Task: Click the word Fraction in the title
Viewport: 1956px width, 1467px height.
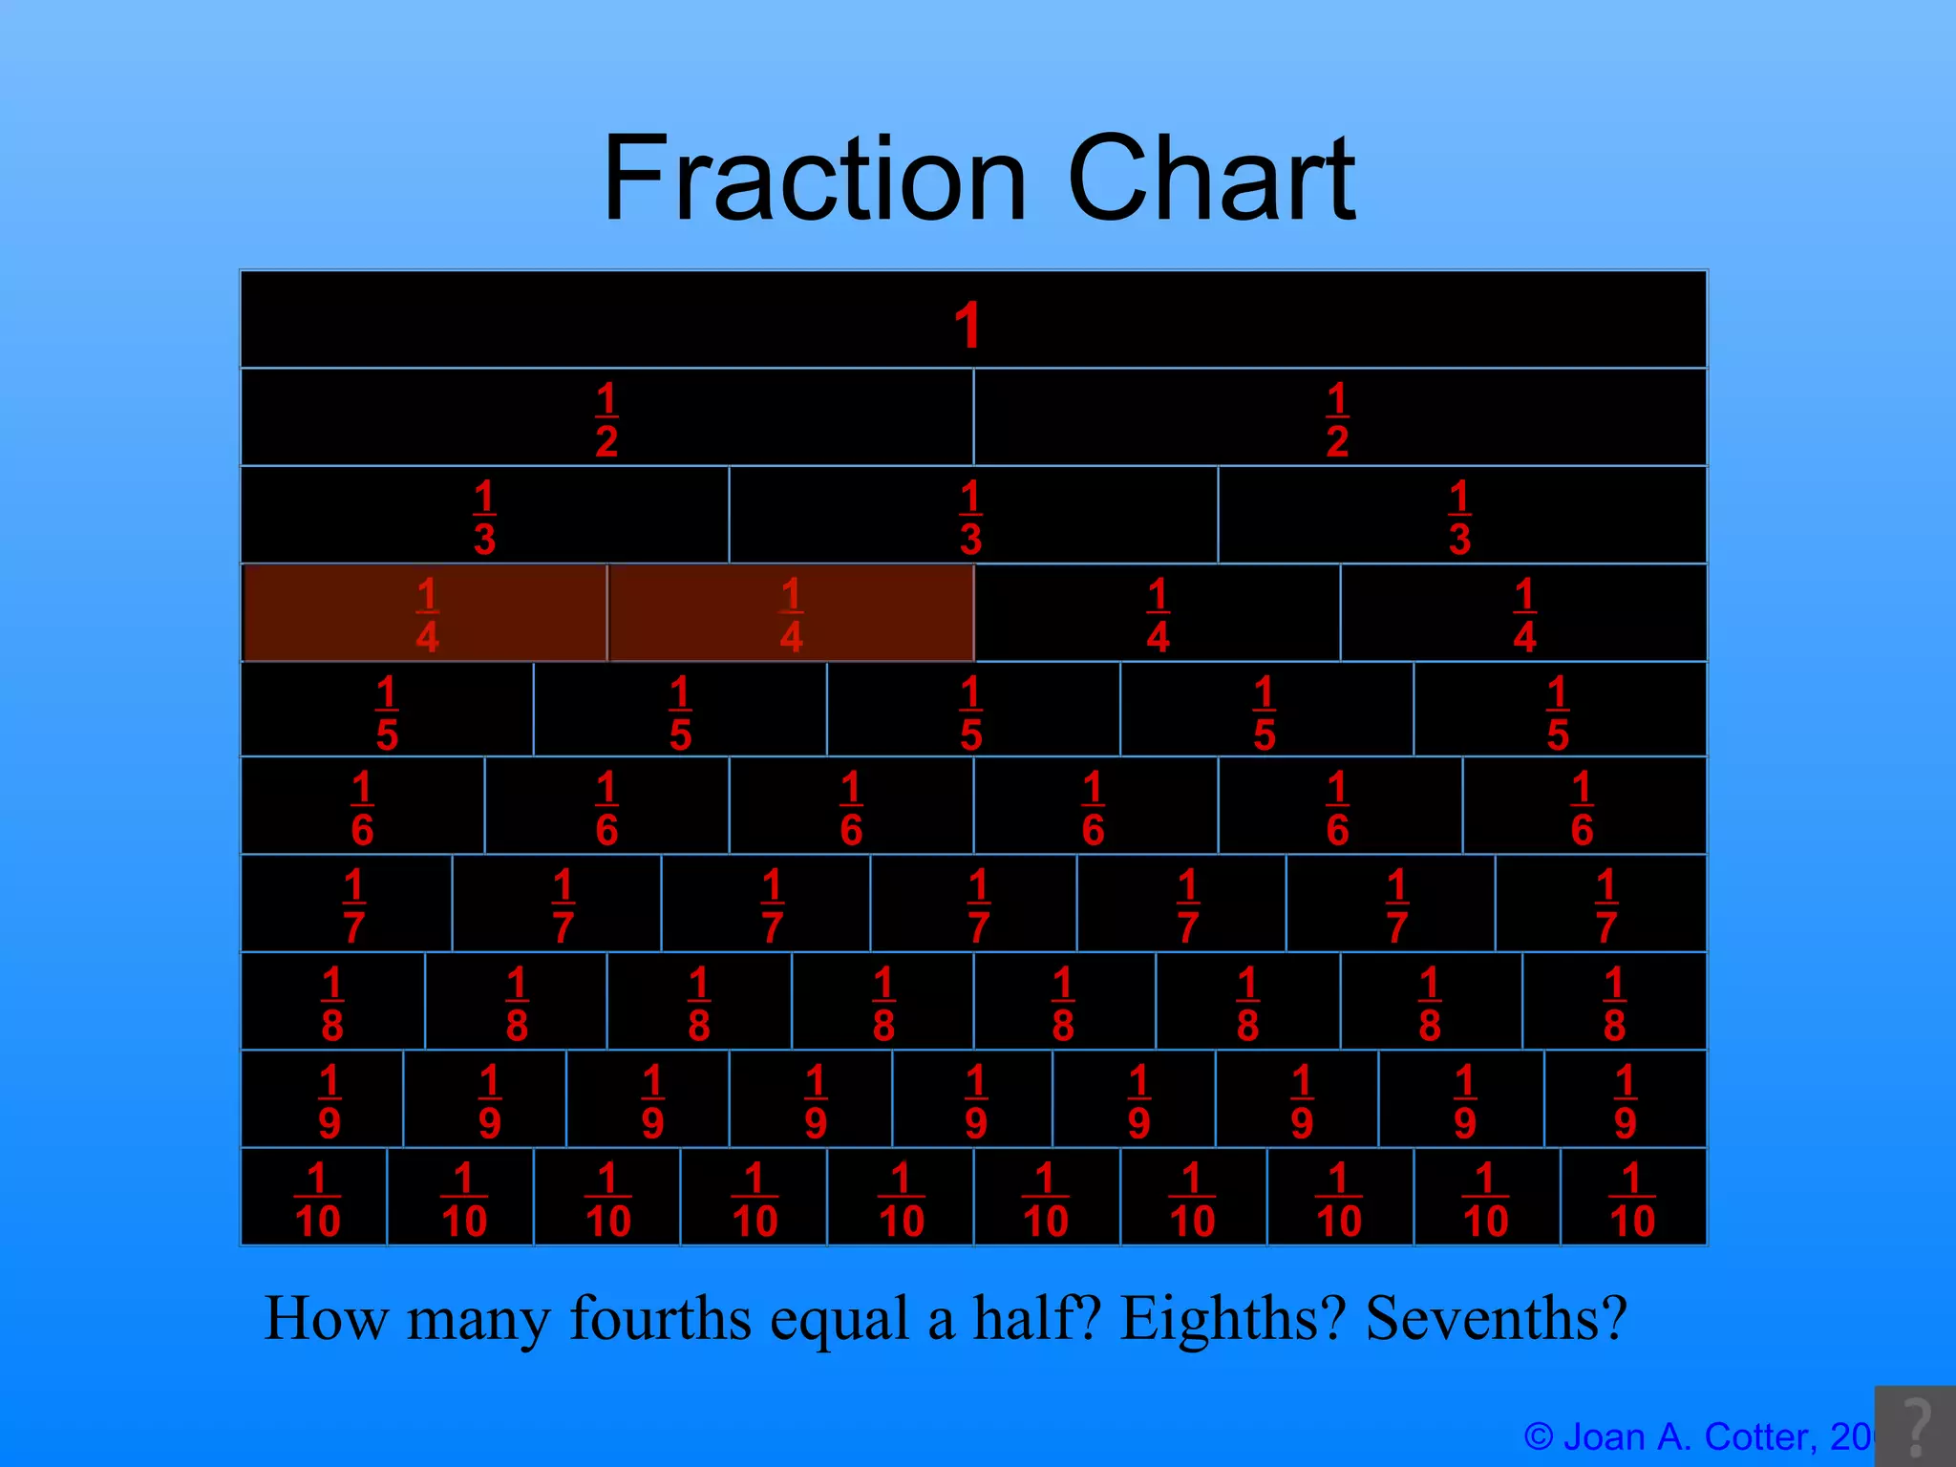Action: coord(814,179)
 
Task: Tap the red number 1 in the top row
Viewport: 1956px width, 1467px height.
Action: coord(967,325)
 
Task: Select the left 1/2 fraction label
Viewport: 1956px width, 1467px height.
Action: coord(606,420)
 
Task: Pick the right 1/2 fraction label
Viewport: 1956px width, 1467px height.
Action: coord(1337,420)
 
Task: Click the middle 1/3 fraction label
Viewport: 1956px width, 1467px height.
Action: coord(971,518)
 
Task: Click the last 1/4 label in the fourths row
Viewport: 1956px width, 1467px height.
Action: coord(1524,615)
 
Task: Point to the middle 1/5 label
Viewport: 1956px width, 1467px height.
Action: coord(971,712)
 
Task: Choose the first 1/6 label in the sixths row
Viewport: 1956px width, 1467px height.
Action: coord(362,809)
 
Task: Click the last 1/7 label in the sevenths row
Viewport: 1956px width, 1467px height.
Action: coord(1605,905)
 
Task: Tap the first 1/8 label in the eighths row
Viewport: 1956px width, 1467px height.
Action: coord(331,1004)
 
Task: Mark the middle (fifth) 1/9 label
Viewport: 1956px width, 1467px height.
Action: coord(975,1101)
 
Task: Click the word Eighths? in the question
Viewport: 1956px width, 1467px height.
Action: coord(1233,1318)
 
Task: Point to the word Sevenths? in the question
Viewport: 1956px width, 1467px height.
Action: coord(1496,1318)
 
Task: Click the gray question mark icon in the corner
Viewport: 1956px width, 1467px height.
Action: coord(1916,1426)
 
